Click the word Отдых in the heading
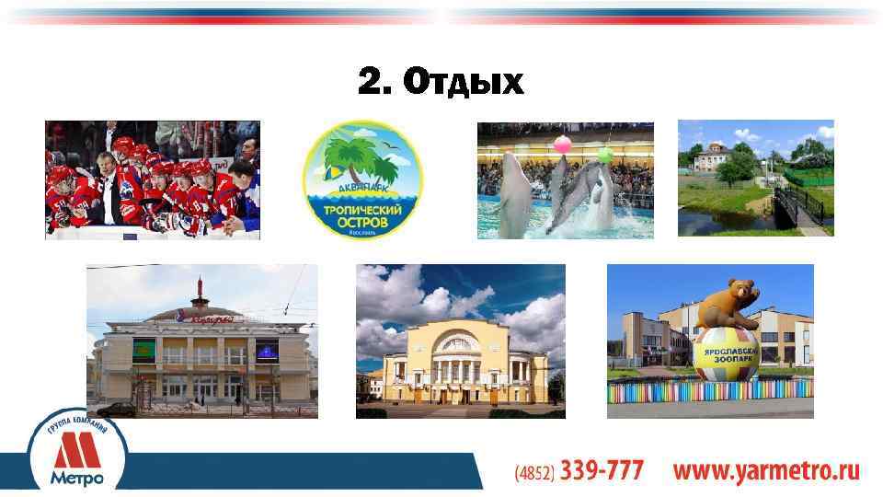(x=464, y=84)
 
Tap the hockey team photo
(x=153, y=179)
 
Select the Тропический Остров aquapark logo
(x=362, y=180)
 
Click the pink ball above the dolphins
(x=561, y=143)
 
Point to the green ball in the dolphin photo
(x=605, y=155)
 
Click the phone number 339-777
(x=602, y=471)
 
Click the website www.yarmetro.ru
(x=766, y=472)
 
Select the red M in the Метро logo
(x=76, y=452)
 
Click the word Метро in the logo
(x=76, y=479)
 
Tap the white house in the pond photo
(x=712, y=162)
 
